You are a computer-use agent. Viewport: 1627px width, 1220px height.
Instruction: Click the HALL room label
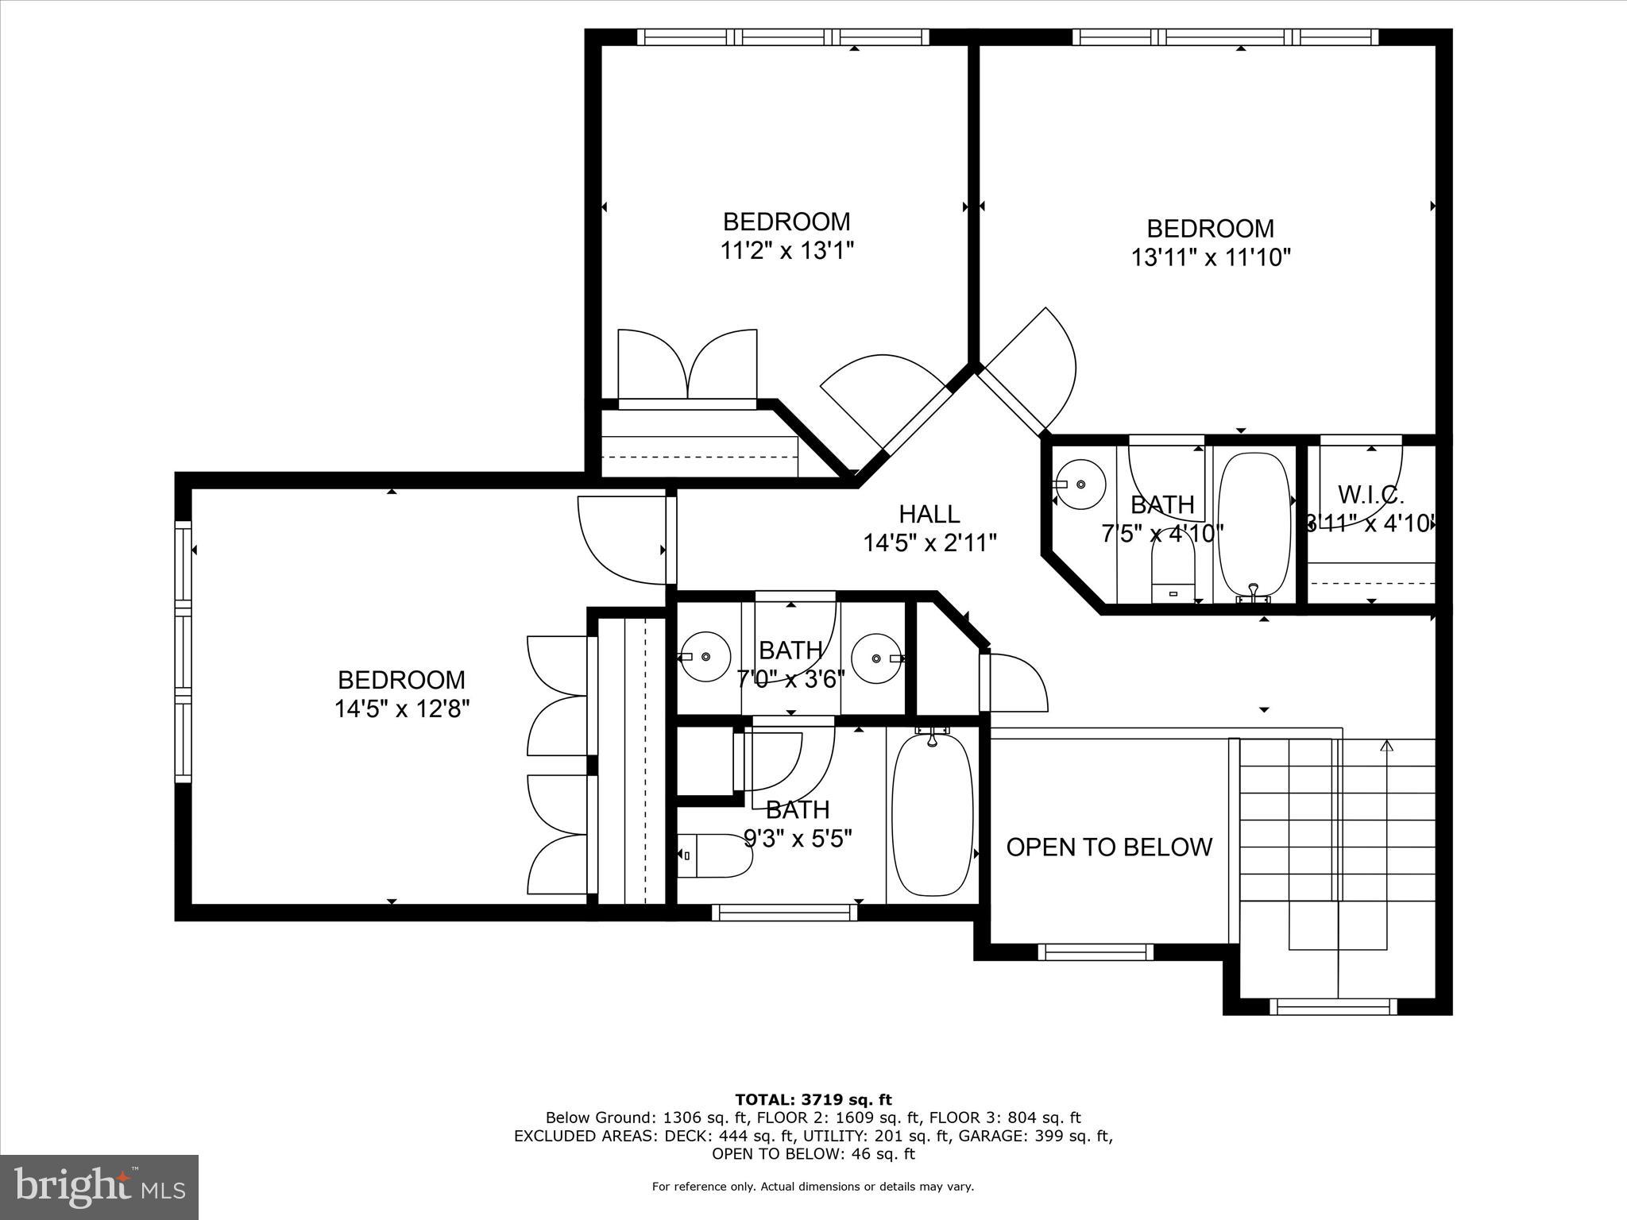point(929,514)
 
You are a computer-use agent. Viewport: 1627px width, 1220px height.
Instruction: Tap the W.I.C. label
point(1370,495)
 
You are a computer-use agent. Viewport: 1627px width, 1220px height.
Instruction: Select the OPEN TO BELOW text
point(1109,847)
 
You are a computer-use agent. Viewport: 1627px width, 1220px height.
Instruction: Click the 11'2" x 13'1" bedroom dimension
point(786,251)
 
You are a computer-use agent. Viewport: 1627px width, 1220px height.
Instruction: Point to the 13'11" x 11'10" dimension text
point(1211,257)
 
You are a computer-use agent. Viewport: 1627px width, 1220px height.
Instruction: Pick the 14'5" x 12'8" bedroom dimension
point(402,708)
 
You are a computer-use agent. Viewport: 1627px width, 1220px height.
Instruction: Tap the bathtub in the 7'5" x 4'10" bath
point(1255,524)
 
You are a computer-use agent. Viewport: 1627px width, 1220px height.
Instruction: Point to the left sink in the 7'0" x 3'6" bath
point(707,657)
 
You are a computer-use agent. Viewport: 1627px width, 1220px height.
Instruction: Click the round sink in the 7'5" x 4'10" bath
point(1082,484)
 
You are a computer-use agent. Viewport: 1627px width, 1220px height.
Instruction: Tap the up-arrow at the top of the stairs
point(1387,746)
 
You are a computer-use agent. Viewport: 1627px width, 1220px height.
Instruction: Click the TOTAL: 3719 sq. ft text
point(813,1100)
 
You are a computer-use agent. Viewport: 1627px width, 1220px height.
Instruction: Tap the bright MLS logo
point(99,1187)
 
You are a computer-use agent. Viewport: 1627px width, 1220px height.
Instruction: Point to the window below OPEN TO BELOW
point(1096,952)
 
